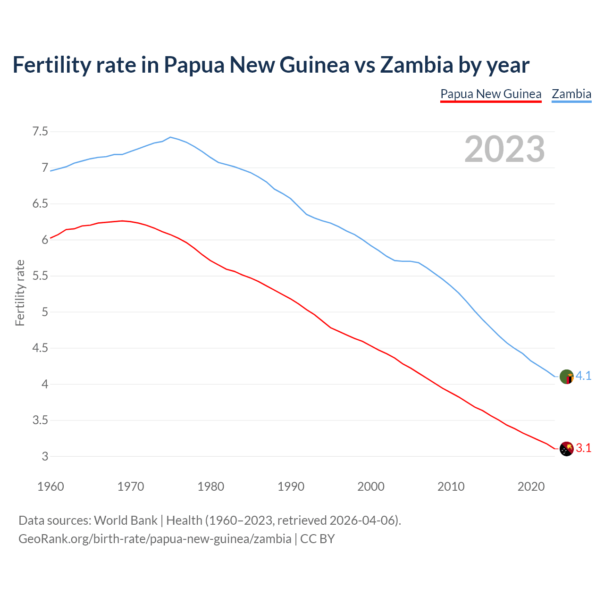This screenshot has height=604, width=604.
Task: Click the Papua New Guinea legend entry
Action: (491, 94)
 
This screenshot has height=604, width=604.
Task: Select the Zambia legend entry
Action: (571, 94)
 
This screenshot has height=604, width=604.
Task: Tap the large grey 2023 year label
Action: (504, 149)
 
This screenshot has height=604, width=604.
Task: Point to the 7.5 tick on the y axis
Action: (40, 132)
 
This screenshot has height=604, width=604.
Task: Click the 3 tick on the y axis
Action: (45, 456)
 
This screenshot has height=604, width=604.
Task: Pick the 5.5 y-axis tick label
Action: (40, 276)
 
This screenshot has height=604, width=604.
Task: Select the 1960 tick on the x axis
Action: (50, 487)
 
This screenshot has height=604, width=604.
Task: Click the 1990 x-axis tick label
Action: (291, 487)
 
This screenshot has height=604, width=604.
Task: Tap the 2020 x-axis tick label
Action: (531, 487)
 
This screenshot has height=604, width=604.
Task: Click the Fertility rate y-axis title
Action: (20, 293)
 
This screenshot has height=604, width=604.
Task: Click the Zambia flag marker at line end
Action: (566, 377)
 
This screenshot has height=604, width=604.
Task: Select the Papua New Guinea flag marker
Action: (566, 449)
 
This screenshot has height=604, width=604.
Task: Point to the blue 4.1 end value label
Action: (584, 376)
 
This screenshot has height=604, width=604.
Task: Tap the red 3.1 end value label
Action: (584, 448)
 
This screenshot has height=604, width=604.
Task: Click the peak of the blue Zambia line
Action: (170, 137)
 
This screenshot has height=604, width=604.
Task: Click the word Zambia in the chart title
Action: (416, 65)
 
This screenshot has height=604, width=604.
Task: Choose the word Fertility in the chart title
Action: (51, 65)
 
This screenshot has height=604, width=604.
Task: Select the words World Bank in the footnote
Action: (126, 520)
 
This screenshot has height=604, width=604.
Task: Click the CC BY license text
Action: (318, 539)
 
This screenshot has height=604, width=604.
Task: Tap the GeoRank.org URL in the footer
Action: (155, 539)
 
